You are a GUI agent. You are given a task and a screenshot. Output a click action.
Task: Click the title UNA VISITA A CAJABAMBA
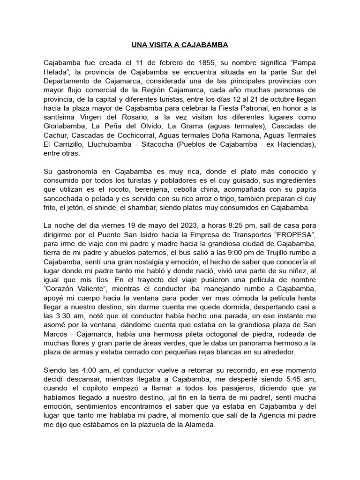click(180, 45)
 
